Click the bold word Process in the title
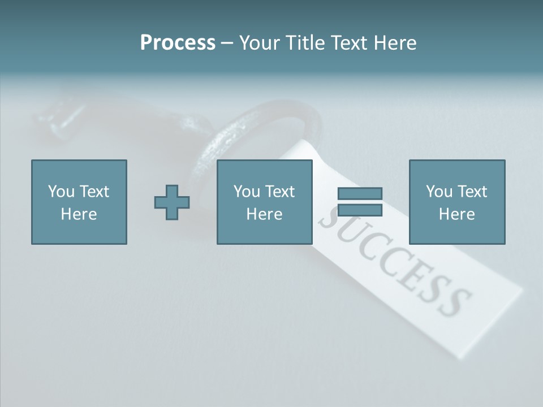pyautogui.click(x=178, y=43)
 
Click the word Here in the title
pyautogui.click(x=395, y=43)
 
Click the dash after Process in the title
pyautogui.click(x=227, y=44)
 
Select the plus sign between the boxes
pyautogui.click(x=172, y=202)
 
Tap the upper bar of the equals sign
pyautogui.click(x=360, y=193)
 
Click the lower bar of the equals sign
pyautogui.click(x=360, y=210)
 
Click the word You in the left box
pyautogui.click(x=61, y=192)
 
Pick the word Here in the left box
pyautogui.click(x=79, y=214)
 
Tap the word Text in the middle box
pyautogui.click(x=279, y=192)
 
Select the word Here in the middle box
pyautogui.click(x=264, y=214)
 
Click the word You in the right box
pyautogui.click(x=439, y=192)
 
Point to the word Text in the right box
pyautogui.click(x=472, y=192)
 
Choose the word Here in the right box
pyautogui.click(x=456, y=214)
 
